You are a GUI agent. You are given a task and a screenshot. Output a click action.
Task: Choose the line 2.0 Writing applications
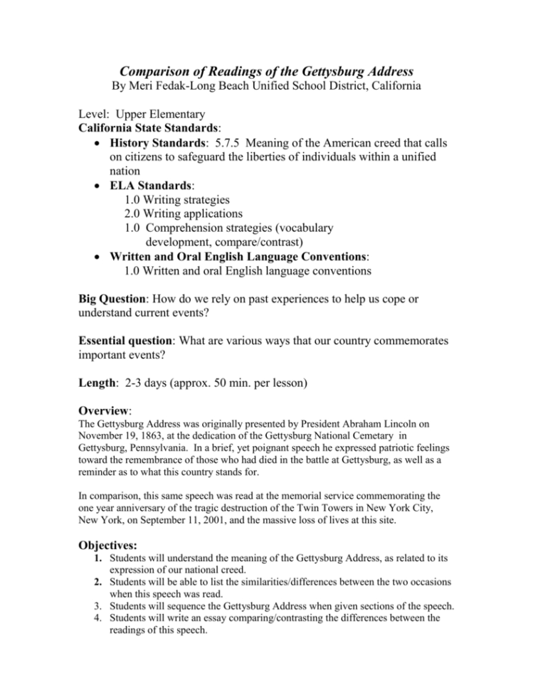(x=183, y=213)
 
